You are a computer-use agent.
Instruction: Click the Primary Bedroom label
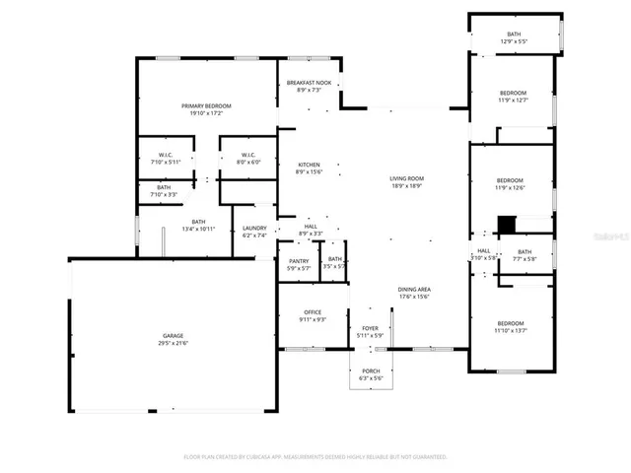pyautogui.click(x=205, y=105)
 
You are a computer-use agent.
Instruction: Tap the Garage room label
pyautogui.click(x=173, y=336)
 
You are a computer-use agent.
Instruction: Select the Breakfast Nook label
pyautogui.click(x=309, y=83)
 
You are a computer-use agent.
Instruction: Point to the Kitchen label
pyautogui.click(x=309, y=165)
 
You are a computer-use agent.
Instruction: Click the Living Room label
pyautogui.click(x=406, y=178)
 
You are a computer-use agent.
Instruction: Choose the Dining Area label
pyautogui.click(x=414, y=290)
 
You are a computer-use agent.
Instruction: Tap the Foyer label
pyautogui.click(x=369, y=327)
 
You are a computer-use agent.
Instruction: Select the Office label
pyautogui.click(x=312, y=311)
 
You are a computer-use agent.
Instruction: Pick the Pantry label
pyautogui.click(x=299, y=260)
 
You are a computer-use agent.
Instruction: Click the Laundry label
pyautogui.click(x=254, y=229)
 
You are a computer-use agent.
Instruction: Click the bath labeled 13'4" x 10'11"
pyautogui.click(x=198, y=222)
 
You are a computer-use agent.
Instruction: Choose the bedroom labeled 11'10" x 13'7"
pyautogui.click(x=510, y=324)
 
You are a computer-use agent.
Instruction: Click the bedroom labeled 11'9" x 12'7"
pyautogui.click(x=513, y=93)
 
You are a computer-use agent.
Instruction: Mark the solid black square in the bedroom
pyautogui.click(x=506, y=225)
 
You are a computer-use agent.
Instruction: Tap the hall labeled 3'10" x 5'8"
pyautogui.click(x=483, y=250)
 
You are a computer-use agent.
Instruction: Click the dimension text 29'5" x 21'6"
pyautogui.click(x=173, y=343)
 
